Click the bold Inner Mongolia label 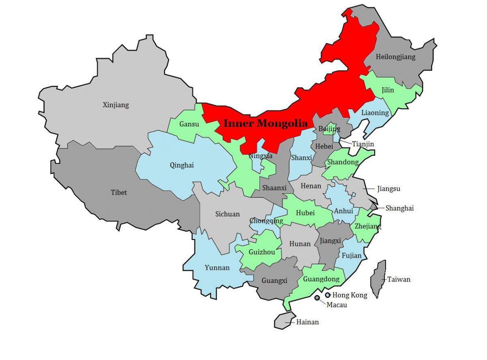click(x=266, y=123)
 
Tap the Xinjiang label click(x=116, y=105)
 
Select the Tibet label click(x=119, y=192)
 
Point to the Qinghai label click(x=182, y=165)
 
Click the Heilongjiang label click(x=396, y=57)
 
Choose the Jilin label click(x=388, y=90)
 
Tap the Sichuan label click(x=227, y=214)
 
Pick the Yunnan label click(x=217, y=267)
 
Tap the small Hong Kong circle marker click(x=328, y=295)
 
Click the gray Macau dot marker click(x=317, y=298)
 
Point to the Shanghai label click(x=399, y=208)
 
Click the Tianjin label click(x=363, y=144)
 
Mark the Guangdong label click(x=321, y=279)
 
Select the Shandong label click(x=343, y=162)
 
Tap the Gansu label click(x=190, y=124)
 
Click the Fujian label click(x=351, y=256)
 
